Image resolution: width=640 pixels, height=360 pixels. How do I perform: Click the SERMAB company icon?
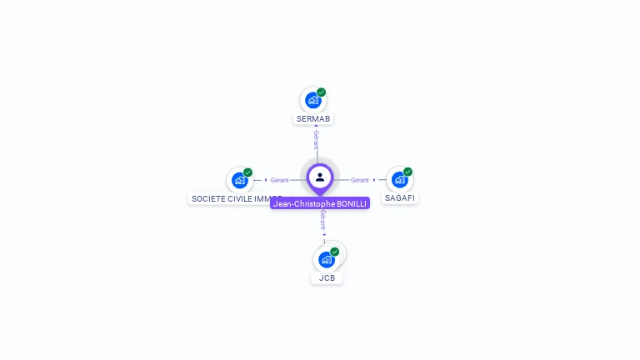point(312,101)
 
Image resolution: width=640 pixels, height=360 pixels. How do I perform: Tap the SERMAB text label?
point(313,119)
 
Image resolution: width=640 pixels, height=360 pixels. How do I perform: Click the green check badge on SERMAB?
point(322,92)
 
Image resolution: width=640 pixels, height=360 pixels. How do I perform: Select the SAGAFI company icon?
point(399,180)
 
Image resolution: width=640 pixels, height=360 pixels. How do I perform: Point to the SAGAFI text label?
point(400,198)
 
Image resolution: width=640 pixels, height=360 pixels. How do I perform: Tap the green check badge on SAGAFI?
point(407,172)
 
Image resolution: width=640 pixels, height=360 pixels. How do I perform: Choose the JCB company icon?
point(326,259)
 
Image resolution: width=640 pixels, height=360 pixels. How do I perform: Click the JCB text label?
point(327,277)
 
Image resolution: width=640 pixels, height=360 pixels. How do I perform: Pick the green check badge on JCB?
point(335,252)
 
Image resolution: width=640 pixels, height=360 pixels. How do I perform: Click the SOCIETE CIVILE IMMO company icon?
point(239,180)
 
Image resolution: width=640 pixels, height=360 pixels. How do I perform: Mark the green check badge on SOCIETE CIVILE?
point(247,172)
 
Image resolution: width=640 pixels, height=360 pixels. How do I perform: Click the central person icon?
point(320,177)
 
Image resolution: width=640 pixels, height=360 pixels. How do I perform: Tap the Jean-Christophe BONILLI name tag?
point(320,203)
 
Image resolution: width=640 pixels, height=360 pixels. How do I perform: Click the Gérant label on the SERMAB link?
point(316,139)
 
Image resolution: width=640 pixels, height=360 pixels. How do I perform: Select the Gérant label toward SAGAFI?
point(359,180)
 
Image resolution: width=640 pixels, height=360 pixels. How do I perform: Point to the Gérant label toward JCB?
point(322,219)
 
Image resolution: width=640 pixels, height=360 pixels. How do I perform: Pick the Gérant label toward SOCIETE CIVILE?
point(279,180)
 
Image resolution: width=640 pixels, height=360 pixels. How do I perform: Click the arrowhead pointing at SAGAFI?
point(374,180)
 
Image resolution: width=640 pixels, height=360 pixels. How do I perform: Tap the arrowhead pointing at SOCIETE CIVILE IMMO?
point(265,180)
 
